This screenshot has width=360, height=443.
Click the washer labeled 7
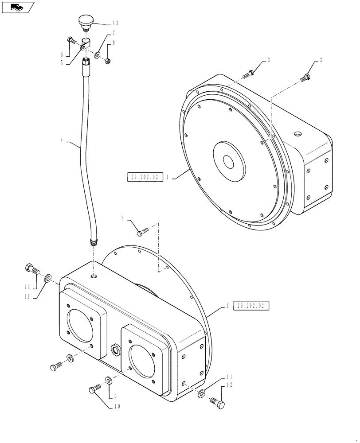coord(97,56)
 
